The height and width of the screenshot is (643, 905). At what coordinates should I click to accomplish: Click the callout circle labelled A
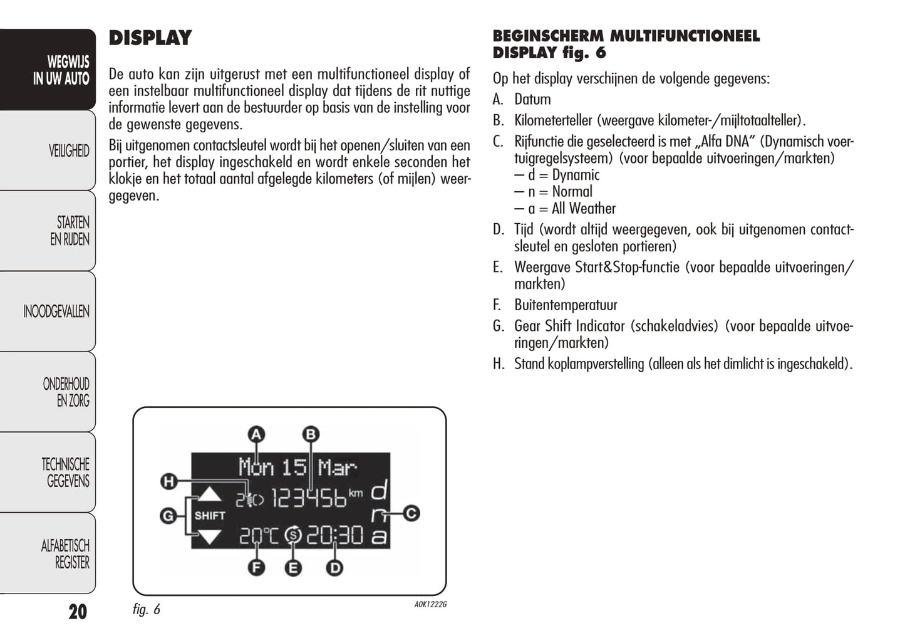256,434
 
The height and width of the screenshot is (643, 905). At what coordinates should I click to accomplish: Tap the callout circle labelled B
311,434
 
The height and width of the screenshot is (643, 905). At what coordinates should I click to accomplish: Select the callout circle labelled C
411,513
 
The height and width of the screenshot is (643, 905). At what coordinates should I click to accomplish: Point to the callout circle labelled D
335,568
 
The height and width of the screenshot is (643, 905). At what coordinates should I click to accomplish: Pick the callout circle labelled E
292,568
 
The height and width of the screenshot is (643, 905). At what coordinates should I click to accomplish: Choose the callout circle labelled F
256,568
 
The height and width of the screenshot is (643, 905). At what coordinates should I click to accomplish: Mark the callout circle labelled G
168,516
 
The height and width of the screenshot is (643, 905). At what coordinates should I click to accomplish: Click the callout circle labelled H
168,481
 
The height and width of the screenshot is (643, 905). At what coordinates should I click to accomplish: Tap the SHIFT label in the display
210,516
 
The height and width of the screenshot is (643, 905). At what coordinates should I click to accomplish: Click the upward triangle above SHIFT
209,495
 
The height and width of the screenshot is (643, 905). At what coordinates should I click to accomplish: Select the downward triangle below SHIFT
209,536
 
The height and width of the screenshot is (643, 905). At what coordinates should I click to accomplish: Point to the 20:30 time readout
334,536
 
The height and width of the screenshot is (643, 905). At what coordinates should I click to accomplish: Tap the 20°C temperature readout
259,536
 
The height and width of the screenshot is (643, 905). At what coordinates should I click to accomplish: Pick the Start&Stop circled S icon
293,536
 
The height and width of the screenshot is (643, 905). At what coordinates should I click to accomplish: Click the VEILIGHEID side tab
69,151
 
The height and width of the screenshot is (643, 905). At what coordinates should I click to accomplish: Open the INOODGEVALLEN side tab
56,311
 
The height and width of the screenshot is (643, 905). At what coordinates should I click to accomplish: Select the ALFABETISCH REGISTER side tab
65,554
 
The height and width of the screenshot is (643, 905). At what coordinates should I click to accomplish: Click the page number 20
78,611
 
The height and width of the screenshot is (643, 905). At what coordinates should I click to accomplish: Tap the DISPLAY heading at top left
150,38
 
